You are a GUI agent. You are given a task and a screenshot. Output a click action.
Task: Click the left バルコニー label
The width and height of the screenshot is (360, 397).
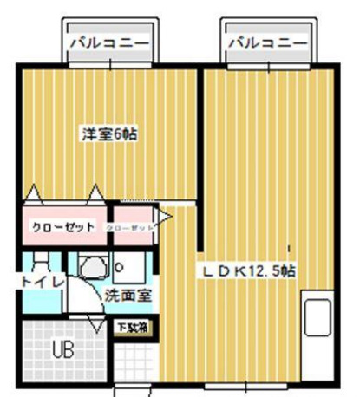pyautogui.click(x=108, y=41)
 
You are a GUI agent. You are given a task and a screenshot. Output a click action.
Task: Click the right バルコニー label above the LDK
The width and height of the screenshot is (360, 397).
pyautogui.click(x=267, y=41)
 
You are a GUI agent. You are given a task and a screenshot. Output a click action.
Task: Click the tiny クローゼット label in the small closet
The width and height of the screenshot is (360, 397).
pyautogui.click(x=131, y=227)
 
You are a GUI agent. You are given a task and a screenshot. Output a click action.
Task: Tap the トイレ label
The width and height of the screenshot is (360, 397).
pyautogui.click(x=40, y=283)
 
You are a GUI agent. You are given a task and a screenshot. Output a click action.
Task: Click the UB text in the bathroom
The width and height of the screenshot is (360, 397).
pyautogui.click(x=63, y=350)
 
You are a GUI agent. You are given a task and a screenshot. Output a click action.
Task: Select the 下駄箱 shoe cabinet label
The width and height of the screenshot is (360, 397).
pyautogui.click(x=133, y=328)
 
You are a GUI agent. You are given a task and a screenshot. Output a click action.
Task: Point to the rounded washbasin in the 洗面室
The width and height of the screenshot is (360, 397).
pyautogui.click(x=91, y=267)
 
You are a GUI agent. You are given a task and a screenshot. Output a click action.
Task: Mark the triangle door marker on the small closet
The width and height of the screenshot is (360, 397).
pyautogui.click(x=162, y=214)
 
